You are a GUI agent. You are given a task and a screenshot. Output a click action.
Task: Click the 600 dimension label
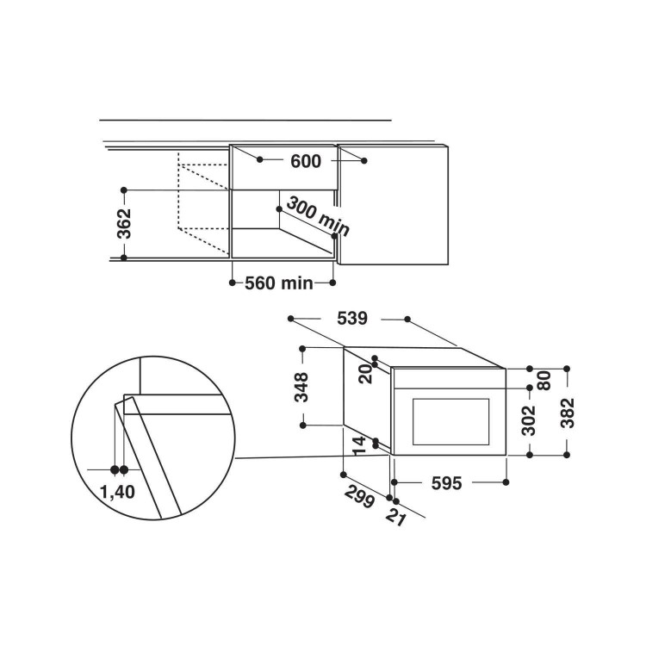[x=306, y=161]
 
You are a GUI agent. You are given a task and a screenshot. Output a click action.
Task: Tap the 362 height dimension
[x=124, y=224]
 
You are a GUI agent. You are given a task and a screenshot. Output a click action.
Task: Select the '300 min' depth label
[x=318, y=216]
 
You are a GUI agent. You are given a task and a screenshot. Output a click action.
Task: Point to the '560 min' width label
[x=279, y=283]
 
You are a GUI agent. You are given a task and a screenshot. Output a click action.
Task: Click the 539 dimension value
[x=351, y=319]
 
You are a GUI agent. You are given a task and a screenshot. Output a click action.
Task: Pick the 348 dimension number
[x=301, y=388]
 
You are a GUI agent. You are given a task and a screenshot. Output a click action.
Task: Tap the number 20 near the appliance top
[x=365, y=374]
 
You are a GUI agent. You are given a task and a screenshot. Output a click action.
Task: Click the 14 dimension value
[x=359, y=445]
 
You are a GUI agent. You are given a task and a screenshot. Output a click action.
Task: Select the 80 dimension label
[x=544, y=380]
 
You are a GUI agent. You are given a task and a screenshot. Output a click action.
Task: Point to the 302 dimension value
[x=528, y=420]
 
